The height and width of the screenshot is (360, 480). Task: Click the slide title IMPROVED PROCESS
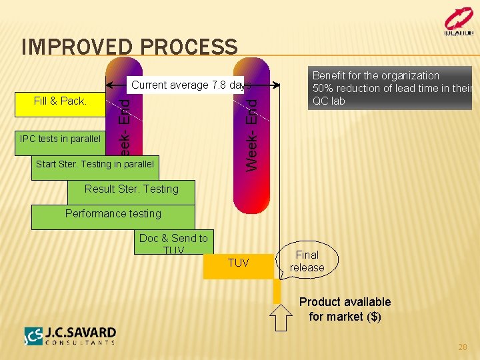[x=129, y=47]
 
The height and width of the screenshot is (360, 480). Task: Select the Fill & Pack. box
[x=61, y=101]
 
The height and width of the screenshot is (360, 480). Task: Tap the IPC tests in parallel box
[x=61, y=139]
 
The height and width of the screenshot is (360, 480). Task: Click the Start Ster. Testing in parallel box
[x=95, y=164]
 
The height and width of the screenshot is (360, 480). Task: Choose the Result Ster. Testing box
[x=131, y=189]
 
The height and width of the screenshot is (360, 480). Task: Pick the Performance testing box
[x=113, y=214]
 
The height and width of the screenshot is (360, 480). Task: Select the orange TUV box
[x=238, y=263]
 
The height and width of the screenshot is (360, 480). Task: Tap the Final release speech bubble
[x=307, y=261]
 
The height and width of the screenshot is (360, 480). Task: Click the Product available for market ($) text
[x=345, y=309]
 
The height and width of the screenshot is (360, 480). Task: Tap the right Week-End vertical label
[x=251, y=133]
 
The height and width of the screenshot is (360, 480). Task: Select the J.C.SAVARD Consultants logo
[x=70, y=336]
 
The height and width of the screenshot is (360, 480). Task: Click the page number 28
[x=463, y=347]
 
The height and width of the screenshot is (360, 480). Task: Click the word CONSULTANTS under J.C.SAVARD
[x=80, y=343]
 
